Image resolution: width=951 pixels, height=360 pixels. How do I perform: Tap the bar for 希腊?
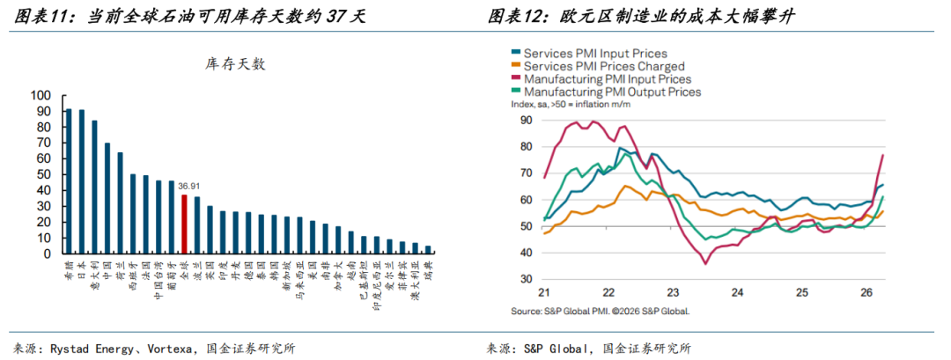(69, 181)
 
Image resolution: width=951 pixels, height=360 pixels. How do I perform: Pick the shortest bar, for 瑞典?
(428, 249)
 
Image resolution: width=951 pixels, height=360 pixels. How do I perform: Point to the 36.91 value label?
(188, 187)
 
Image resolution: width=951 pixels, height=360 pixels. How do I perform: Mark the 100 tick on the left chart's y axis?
(41, 95)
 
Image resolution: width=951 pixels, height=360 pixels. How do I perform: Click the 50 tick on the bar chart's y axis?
(44, 174)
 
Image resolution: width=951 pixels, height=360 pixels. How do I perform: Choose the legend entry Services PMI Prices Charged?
(603, 66)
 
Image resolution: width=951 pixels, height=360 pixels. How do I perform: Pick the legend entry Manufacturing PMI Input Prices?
(607, 78)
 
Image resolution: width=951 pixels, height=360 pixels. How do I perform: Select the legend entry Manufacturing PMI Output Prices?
(612, 91)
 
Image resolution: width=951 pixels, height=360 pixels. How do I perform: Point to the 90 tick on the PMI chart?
(526, 121)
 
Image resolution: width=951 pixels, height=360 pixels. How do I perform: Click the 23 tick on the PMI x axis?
(672, 292)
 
